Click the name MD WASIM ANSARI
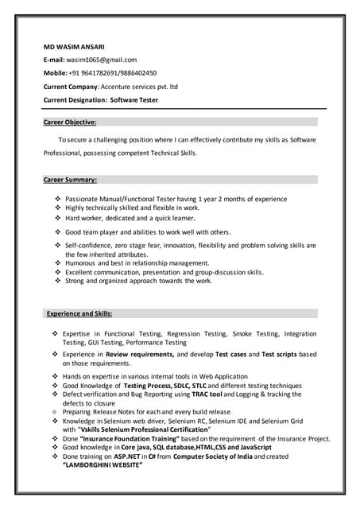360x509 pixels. [x=69, y=45]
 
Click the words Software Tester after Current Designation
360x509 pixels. [x=134, y=99]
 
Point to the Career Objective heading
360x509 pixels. [x=70, y=122]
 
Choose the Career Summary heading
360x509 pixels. [x=70, y=180]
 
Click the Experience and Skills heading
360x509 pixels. [x=79, y=313]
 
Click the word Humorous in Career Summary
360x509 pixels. [x=83, y=262]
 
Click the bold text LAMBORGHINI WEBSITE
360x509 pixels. [x=103, y=464]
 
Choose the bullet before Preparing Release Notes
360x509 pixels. [x=55, y=412]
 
